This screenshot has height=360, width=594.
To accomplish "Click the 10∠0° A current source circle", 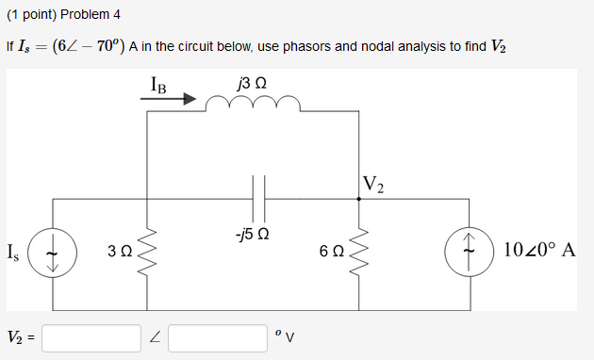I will [469, 253].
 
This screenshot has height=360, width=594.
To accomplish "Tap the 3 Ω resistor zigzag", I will [146, 253].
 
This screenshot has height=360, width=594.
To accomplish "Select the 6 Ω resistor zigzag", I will [358, 253].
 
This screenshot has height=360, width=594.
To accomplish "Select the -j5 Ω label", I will [252, 232].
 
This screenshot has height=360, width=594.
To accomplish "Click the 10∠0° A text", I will [539, 252].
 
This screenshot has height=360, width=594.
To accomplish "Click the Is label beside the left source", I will [12, 253].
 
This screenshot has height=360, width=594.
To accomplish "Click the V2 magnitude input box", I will [91, 337].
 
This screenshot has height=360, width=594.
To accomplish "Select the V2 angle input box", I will [217, 337].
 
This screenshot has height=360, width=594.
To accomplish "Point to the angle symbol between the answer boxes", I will [155, 337].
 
